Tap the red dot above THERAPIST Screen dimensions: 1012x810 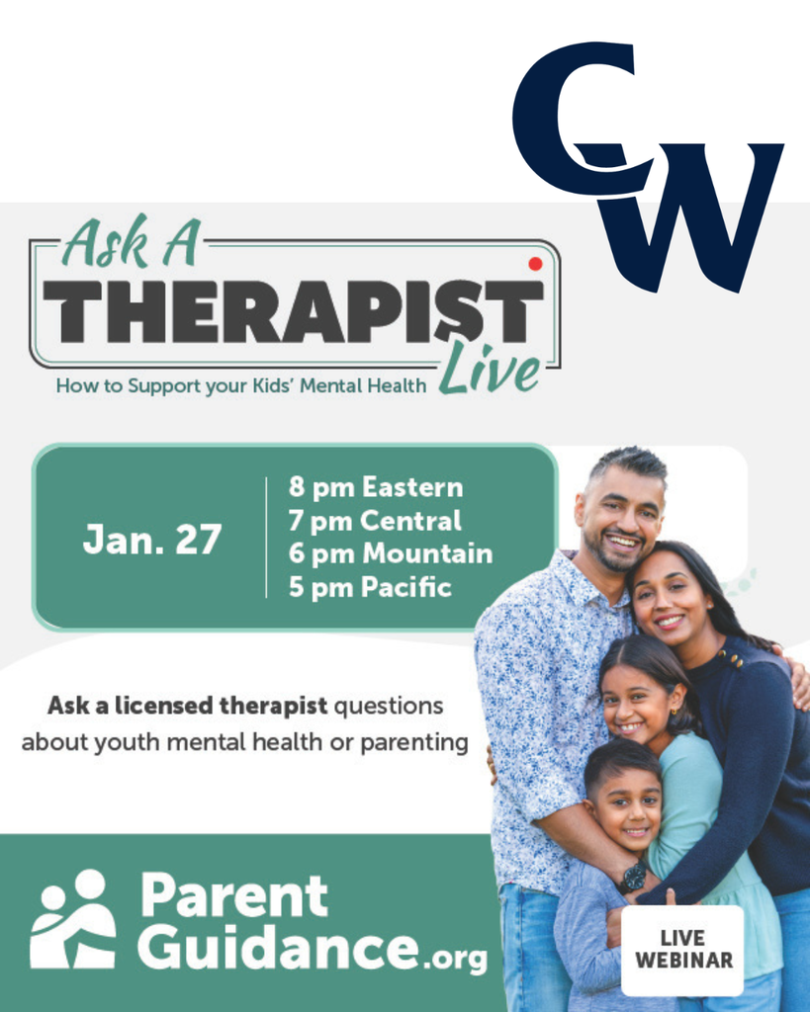[535, 264]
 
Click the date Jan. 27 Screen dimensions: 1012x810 [152, 540]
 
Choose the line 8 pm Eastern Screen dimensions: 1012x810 [376, 487]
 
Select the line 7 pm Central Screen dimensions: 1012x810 [375, 521]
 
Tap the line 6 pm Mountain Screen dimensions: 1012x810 [391, 553]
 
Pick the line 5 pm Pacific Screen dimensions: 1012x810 [370, 587]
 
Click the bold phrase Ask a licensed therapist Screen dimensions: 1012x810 [188, 707]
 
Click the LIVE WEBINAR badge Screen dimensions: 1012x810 [682, 950]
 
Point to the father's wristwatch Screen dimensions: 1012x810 [633, 877]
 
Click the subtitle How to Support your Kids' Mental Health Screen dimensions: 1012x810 [241, 385]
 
